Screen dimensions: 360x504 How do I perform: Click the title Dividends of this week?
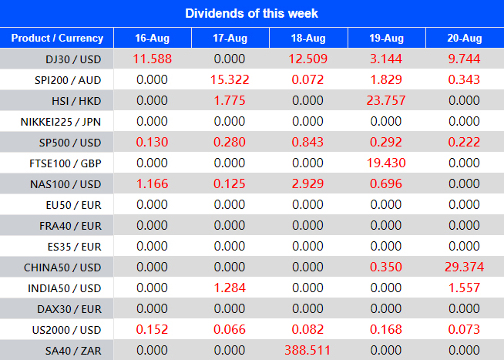(x=252, y=13)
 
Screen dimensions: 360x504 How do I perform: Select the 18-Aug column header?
(x=308, y=38)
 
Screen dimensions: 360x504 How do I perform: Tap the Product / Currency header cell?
(x=57, y=38)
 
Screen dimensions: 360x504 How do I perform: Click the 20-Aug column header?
(x=464, y=38)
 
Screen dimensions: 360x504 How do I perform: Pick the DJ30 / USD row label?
(x=74, y=59)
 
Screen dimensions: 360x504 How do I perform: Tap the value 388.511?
(x=308, y=349)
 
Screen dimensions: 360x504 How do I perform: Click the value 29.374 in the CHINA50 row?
(x=464, y=266)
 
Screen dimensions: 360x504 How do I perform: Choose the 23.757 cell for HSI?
(x=386, y=100)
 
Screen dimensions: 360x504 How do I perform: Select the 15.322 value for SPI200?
(x=230, y=79)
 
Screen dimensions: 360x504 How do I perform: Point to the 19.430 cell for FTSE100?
(x=386, y=163)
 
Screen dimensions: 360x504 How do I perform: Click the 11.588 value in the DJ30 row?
(x=152, y=59)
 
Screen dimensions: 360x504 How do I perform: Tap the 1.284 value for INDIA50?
(x=230, y=287)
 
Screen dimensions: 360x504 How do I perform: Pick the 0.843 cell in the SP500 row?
(x=308, y=142)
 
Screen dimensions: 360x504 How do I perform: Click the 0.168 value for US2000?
(x=386, y=328)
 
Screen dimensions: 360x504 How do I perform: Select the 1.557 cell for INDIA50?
(x=464, y=287)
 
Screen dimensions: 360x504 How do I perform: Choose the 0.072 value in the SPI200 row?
(x=308, y=79)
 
